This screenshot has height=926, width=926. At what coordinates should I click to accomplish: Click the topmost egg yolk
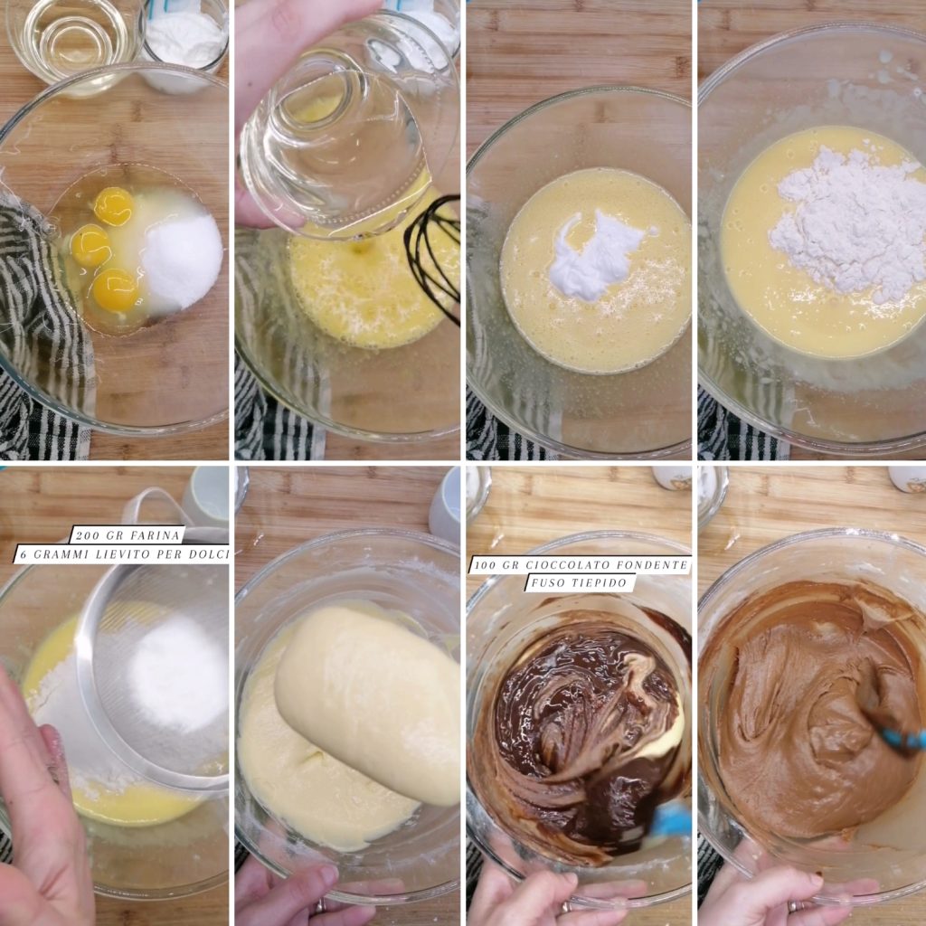pyautogui.click(x=113, y=206)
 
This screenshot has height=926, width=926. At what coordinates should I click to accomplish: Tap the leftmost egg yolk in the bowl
pyautogui.click(x=90, y=245)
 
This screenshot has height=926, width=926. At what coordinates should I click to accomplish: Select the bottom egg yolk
pyautogui.click(x=115, y=290)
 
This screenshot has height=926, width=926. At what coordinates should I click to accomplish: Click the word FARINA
pyautogui.click(x=148, y=536)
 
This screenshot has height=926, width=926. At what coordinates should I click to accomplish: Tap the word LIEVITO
pyautogui.click(x=128, y=554)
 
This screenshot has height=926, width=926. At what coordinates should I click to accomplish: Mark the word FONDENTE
pyautogui.click(x=650, y=565)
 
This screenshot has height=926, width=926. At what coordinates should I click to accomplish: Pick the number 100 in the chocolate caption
pyautogui.click(x=485, y=565)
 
